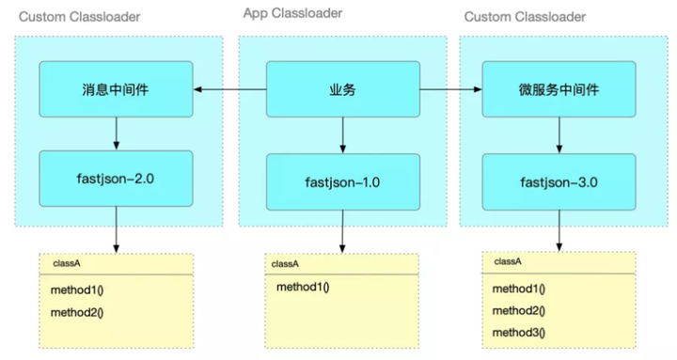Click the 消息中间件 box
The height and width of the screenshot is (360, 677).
(116, 90)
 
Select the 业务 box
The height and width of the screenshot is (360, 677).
(341, 90)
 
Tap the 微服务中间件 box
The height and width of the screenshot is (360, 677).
(559, 90)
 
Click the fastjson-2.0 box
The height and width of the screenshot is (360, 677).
(116, 178)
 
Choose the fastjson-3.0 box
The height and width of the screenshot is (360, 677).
(559, 180)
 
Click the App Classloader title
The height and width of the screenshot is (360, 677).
(292, 13)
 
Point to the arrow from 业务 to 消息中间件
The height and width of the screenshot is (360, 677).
(229, 90)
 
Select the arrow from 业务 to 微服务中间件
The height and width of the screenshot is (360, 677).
(449, 90)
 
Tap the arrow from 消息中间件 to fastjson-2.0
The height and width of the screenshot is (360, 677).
(116, 133)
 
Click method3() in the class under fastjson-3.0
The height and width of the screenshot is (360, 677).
(518, 332)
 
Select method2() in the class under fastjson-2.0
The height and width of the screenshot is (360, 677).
(77, 311)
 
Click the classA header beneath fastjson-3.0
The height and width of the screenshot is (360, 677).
(508, 261)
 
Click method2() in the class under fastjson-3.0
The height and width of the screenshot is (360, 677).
(518, 310)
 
